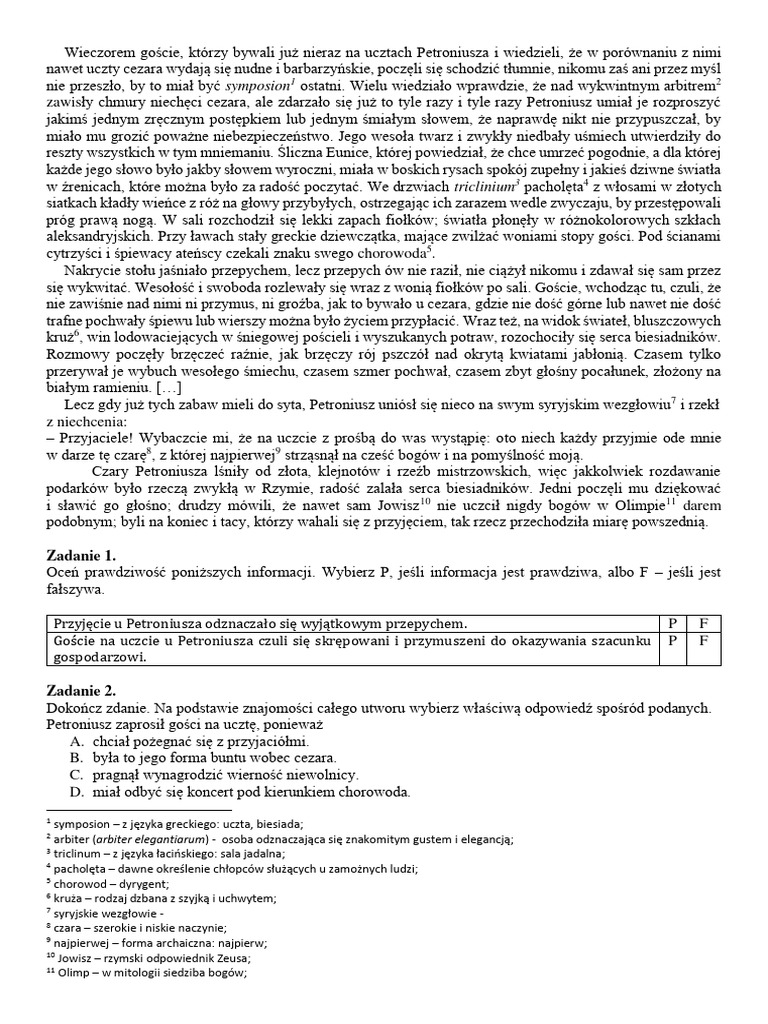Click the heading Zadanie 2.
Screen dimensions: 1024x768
click(82, 690)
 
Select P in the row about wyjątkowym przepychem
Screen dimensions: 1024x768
click(672, 622)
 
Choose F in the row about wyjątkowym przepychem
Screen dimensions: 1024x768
click(703, 622)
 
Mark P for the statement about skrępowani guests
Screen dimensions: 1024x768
click(672, 640)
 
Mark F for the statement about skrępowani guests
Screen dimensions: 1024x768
click(703, 640)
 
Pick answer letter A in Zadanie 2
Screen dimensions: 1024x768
click(76, 742)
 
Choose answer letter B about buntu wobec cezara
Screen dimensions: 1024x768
click(76, 759)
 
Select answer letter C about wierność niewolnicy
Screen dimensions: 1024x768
click(76, 776)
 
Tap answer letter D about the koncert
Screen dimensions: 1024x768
click(76, 793)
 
